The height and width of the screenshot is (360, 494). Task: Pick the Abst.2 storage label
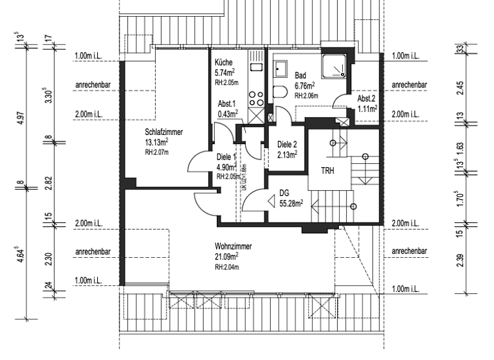(367, 100)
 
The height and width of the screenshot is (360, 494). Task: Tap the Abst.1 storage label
(227, 104)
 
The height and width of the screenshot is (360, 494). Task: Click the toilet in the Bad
(279, 91)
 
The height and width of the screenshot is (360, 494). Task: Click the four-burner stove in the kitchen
(255, 100)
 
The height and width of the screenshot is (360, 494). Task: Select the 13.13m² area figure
(157, 142)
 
